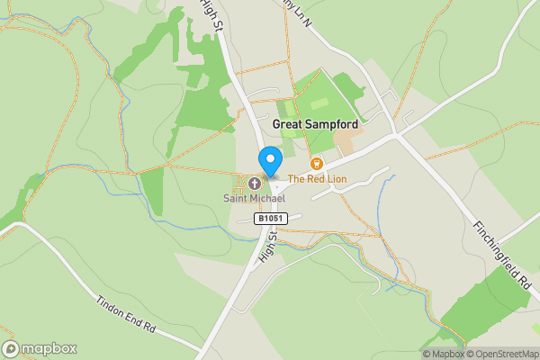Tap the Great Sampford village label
tap(315, 124)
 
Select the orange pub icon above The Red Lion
tap(316, 164)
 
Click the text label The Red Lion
tap(317, 179)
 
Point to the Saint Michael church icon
tap(255, 183)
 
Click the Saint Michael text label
tap(255, 198)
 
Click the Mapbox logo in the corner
tap(40, 348)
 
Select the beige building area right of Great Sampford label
tap(348, 140)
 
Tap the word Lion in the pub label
tap(336, 179)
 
